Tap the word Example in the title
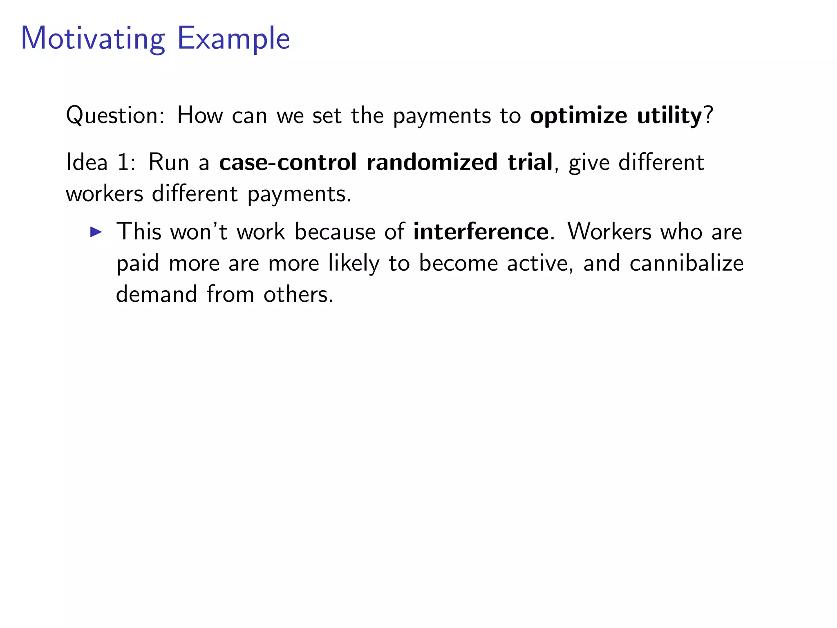click(x=233, y=39)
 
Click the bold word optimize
click(x=578, y=116)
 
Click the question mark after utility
click(x=709, y=115)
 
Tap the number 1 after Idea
click(x=124, y=162)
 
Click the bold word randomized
click(x=432, y=162)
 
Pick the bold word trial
click(x=530, y=162)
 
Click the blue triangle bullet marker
click(x=96, y=232)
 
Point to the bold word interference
click(x=481, y=232)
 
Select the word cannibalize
click(x=687, y=263)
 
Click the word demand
click(x=157, y=294)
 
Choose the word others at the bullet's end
click(x=298, y=294)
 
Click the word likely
click(x=354, y=263)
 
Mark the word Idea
click(x=87, y=162)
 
